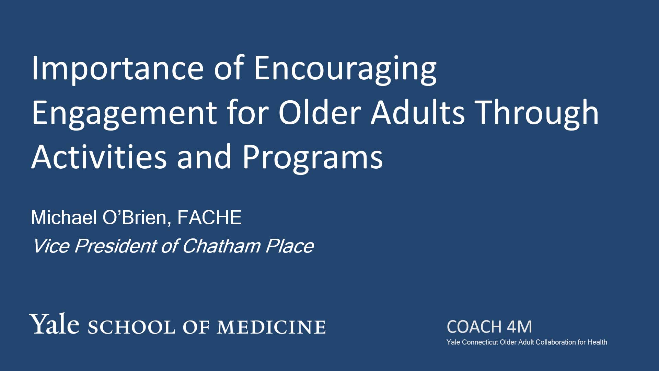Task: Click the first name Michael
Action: (x=64, y=217)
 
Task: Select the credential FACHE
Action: (x=209, y=217)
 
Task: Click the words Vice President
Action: (x=94, y=246)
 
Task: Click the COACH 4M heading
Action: (x=489, y=327)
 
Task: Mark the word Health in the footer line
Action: (x=597, y=342)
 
